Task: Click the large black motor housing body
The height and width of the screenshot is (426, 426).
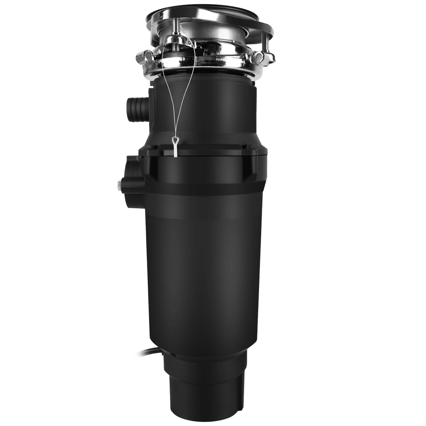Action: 204,264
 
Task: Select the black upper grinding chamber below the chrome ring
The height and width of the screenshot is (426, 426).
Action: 204,111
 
